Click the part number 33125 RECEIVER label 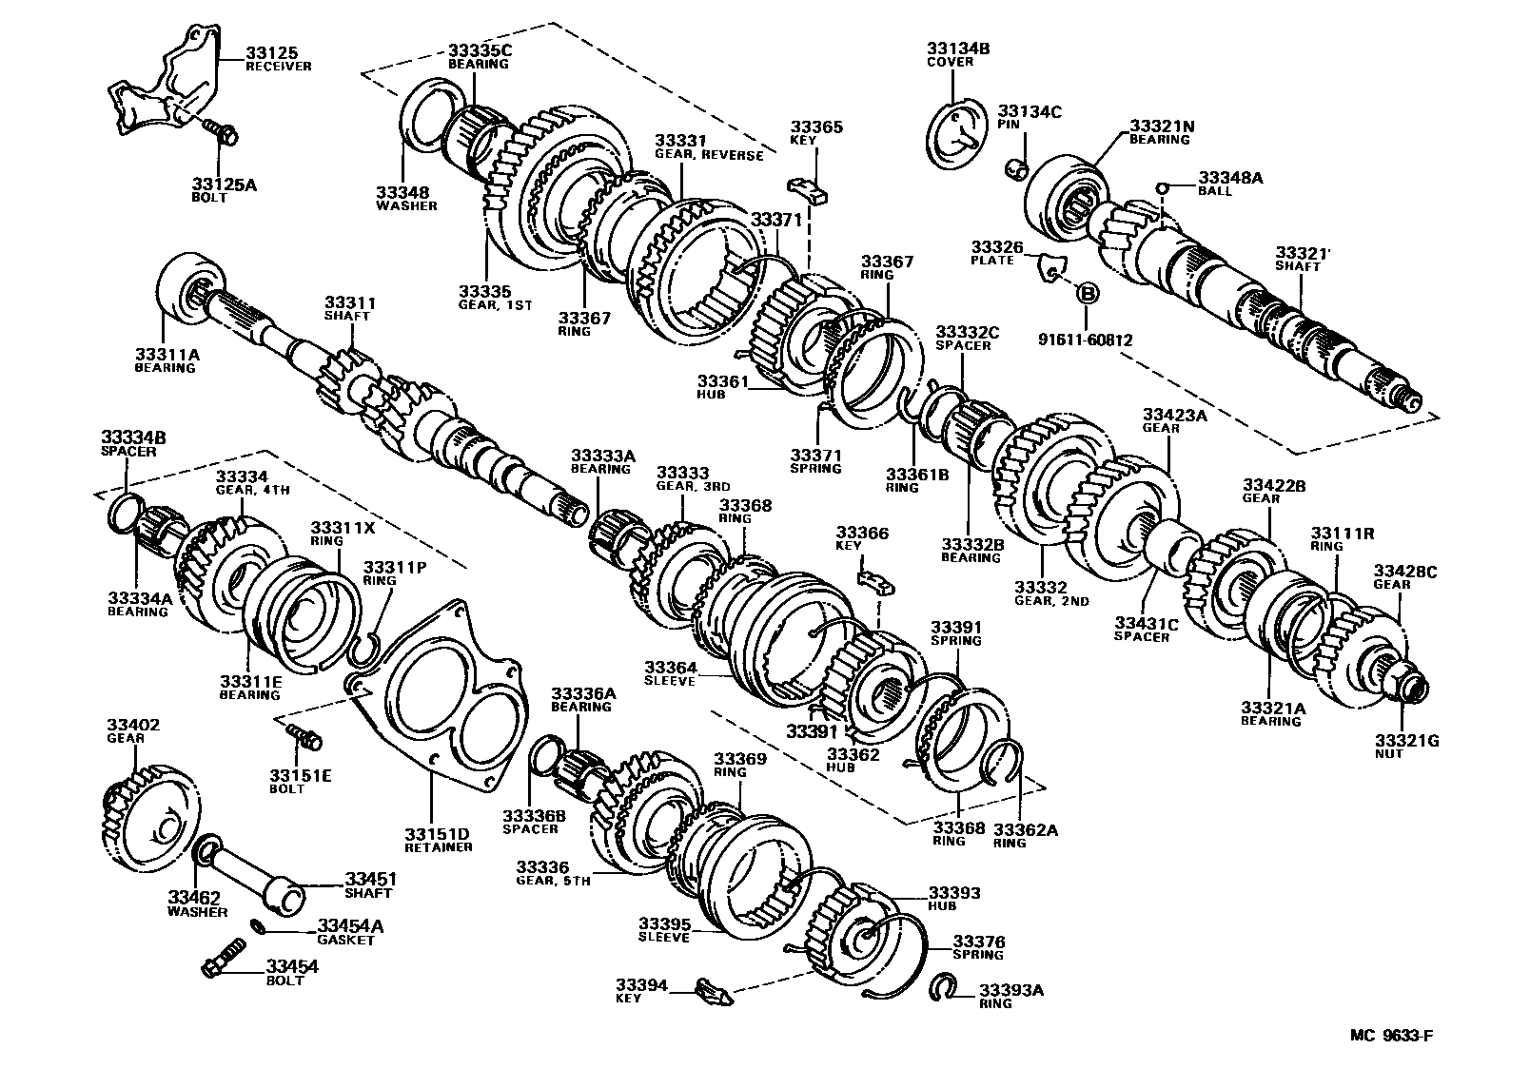[278, 59]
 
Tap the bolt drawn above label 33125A [224, 135]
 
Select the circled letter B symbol [1087, 293]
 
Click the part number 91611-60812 [1086, 339]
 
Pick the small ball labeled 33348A [1162, 188]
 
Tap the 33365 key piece [809, 187]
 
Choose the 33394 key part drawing [713, 992]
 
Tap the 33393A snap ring [943, 989]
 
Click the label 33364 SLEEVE [670, 673]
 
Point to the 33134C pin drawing [1017, 168]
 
